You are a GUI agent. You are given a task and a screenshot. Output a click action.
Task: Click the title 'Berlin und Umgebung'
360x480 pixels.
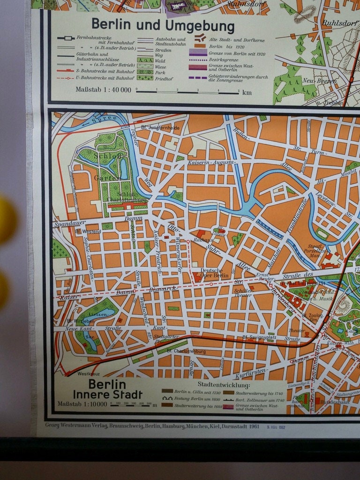163,25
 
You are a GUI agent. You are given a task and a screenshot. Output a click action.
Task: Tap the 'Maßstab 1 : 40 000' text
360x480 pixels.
103,90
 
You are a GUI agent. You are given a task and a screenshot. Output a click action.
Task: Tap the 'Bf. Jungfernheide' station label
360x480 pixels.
160,127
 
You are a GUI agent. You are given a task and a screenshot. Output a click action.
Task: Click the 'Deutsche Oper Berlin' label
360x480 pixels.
214,273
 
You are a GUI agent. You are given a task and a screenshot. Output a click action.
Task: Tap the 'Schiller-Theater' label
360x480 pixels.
243,292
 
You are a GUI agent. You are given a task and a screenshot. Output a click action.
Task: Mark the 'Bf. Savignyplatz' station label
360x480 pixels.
258,337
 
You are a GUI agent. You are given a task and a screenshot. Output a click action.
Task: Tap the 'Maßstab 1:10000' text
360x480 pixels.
82,404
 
